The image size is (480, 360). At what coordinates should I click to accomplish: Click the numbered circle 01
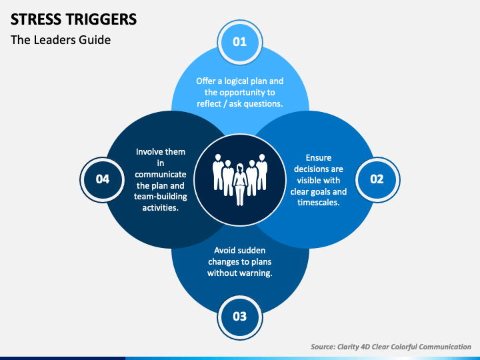(x=240, y=42)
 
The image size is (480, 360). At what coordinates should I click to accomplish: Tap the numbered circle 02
(x=377, y=179)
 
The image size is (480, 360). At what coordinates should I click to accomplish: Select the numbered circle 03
(x=240, y=317)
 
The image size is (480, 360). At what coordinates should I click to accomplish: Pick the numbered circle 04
(x=102, y=179)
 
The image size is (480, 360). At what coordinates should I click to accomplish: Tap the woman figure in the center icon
(x=240, y=184)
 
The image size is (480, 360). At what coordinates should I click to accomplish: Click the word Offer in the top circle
(x=205, y=81)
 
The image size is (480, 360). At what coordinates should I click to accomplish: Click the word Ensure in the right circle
(x=319, y=157)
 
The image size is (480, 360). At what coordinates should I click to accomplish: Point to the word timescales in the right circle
(x=319, y=203)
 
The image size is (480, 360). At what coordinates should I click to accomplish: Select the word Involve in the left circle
(x=148, y=152)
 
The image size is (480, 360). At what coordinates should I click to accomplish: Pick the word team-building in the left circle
(x=161, y=197)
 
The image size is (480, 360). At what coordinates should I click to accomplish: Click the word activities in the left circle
(x=161, y=208)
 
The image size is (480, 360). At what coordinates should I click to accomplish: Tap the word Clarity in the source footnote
(x=348, y=347)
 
